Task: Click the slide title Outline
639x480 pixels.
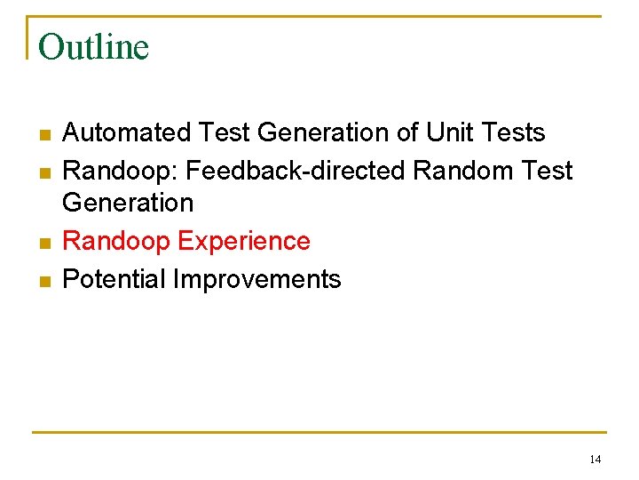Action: [x=94, y=47]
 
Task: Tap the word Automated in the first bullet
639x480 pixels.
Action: [x=126, y=133]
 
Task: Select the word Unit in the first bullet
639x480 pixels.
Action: [x=449, y=133]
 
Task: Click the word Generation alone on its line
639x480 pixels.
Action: [x=128, y=204]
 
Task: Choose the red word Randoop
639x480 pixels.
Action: [x=116, y=242]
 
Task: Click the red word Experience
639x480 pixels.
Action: [x=244, y=242]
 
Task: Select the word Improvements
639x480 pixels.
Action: [x=256, y=280]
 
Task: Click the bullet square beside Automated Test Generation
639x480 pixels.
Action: [x=43, y=135]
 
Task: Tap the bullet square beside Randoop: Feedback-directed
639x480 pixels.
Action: [x=43, y=172]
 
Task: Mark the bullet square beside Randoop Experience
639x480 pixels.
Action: [x=43, y=244]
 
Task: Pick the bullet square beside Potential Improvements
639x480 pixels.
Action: [x=43, y=282]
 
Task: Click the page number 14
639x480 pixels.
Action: [x=595, y=460]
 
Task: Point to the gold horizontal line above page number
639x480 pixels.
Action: [x=319, y=433]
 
